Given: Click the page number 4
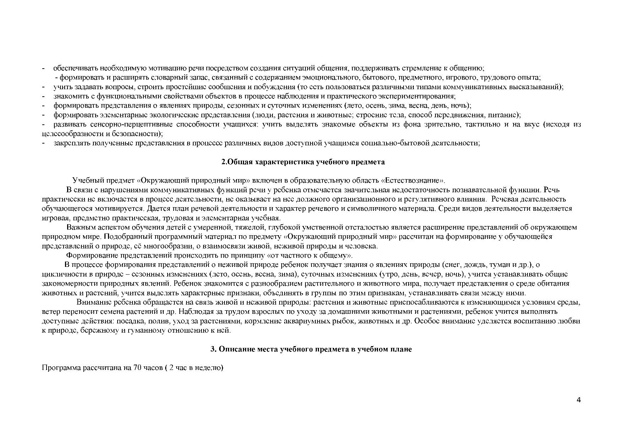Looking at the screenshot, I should [x=579, y=400].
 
